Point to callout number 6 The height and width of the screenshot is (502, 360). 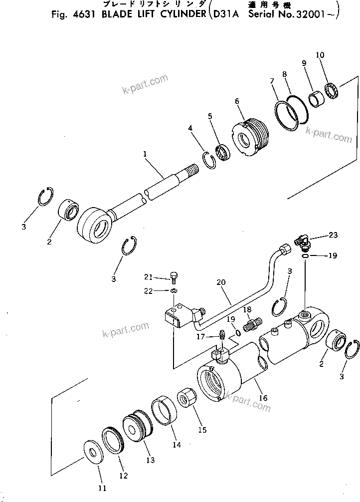click(237, 101)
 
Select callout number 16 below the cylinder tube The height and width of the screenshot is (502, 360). click(263, 398)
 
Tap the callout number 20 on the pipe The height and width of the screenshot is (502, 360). click(221, 282)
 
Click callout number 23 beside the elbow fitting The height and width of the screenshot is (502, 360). click(333, 235)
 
